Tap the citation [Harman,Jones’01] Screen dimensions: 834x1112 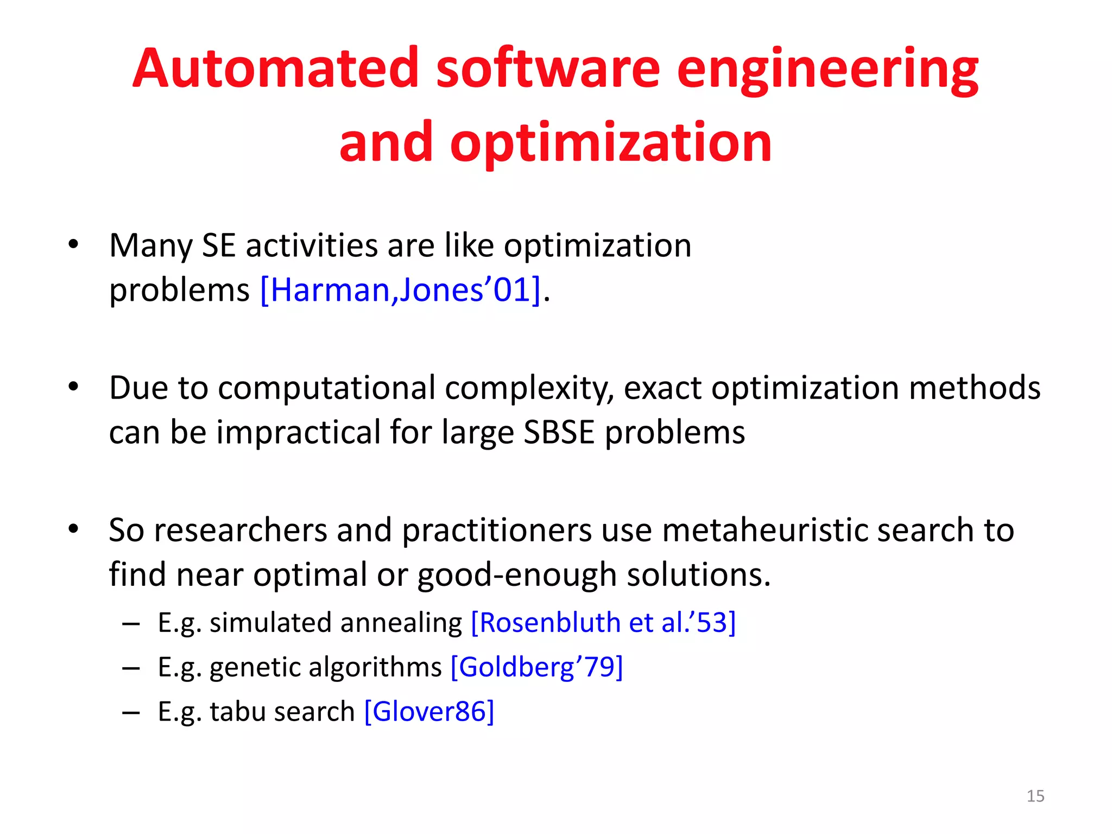coord(401,289)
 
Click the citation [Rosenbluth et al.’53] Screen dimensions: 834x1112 coord(603,622)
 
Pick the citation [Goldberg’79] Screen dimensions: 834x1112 coord(536,667)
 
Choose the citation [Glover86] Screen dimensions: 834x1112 coord(429,711)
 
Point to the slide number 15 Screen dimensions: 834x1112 coord(1035,796)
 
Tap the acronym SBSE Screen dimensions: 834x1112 coord(559,432)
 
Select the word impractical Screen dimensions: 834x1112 coord(298,432)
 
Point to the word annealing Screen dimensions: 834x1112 coord(401,623)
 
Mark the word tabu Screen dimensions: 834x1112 coord(237,711)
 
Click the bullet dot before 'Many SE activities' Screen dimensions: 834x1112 coord(74,244)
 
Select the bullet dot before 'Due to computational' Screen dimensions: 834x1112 coord(74,387)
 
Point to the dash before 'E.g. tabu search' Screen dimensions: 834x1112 coord(131,712)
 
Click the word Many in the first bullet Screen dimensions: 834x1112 coord(150,246)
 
